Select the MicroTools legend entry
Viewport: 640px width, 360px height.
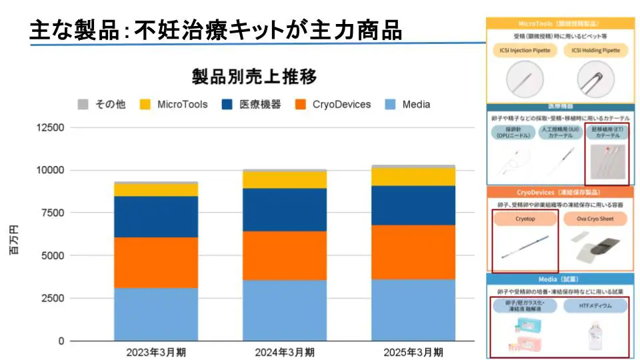[182, 104]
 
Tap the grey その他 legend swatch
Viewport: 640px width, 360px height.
[83, 104]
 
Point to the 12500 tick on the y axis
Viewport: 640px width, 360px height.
[50, 127]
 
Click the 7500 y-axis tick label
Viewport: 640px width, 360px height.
[53, 213]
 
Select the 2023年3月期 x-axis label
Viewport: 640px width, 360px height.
[155, 351]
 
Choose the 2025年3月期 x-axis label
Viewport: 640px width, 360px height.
[413, 351]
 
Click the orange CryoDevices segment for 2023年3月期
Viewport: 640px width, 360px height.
[155, 263]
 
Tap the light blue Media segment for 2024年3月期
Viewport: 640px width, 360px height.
[285, 310]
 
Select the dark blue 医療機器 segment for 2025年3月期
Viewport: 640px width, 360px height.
[413, 205]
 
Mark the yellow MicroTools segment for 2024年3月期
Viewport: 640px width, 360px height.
[285, 180]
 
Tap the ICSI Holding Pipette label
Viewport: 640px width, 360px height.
[595, 50]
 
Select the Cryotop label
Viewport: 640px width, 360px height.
[525, 219]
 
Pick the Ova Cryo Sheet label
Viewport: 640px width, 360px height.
[595, 219]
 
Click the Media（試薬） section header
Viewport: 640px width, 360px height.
[560, 279]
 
